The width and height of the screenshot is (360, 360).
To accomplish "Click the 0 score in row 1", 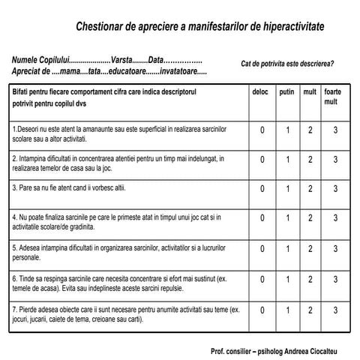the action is click(x=262, y=130).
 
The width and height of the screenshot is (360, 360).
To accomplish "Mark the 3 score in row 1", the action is click(x=335, y=130).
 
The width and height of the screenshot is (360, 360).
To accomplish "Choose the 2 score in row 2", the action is click(x=310, y=160).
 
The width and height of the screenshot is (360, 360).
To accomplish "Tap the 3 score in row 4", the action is click(x=335, y=219).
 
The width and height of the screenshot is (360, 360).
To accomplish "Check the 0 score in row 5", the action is click(x=262, y=249).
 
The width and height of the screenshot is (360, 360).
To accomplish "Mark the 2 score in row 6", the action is click(x=310, y=280).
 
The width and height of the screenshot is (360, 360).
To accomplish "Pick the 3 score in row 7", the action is click(x=335, y=310).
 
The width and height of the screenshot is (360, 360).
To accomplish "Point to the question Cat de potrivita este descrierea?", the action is click(x=288, y=64).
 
